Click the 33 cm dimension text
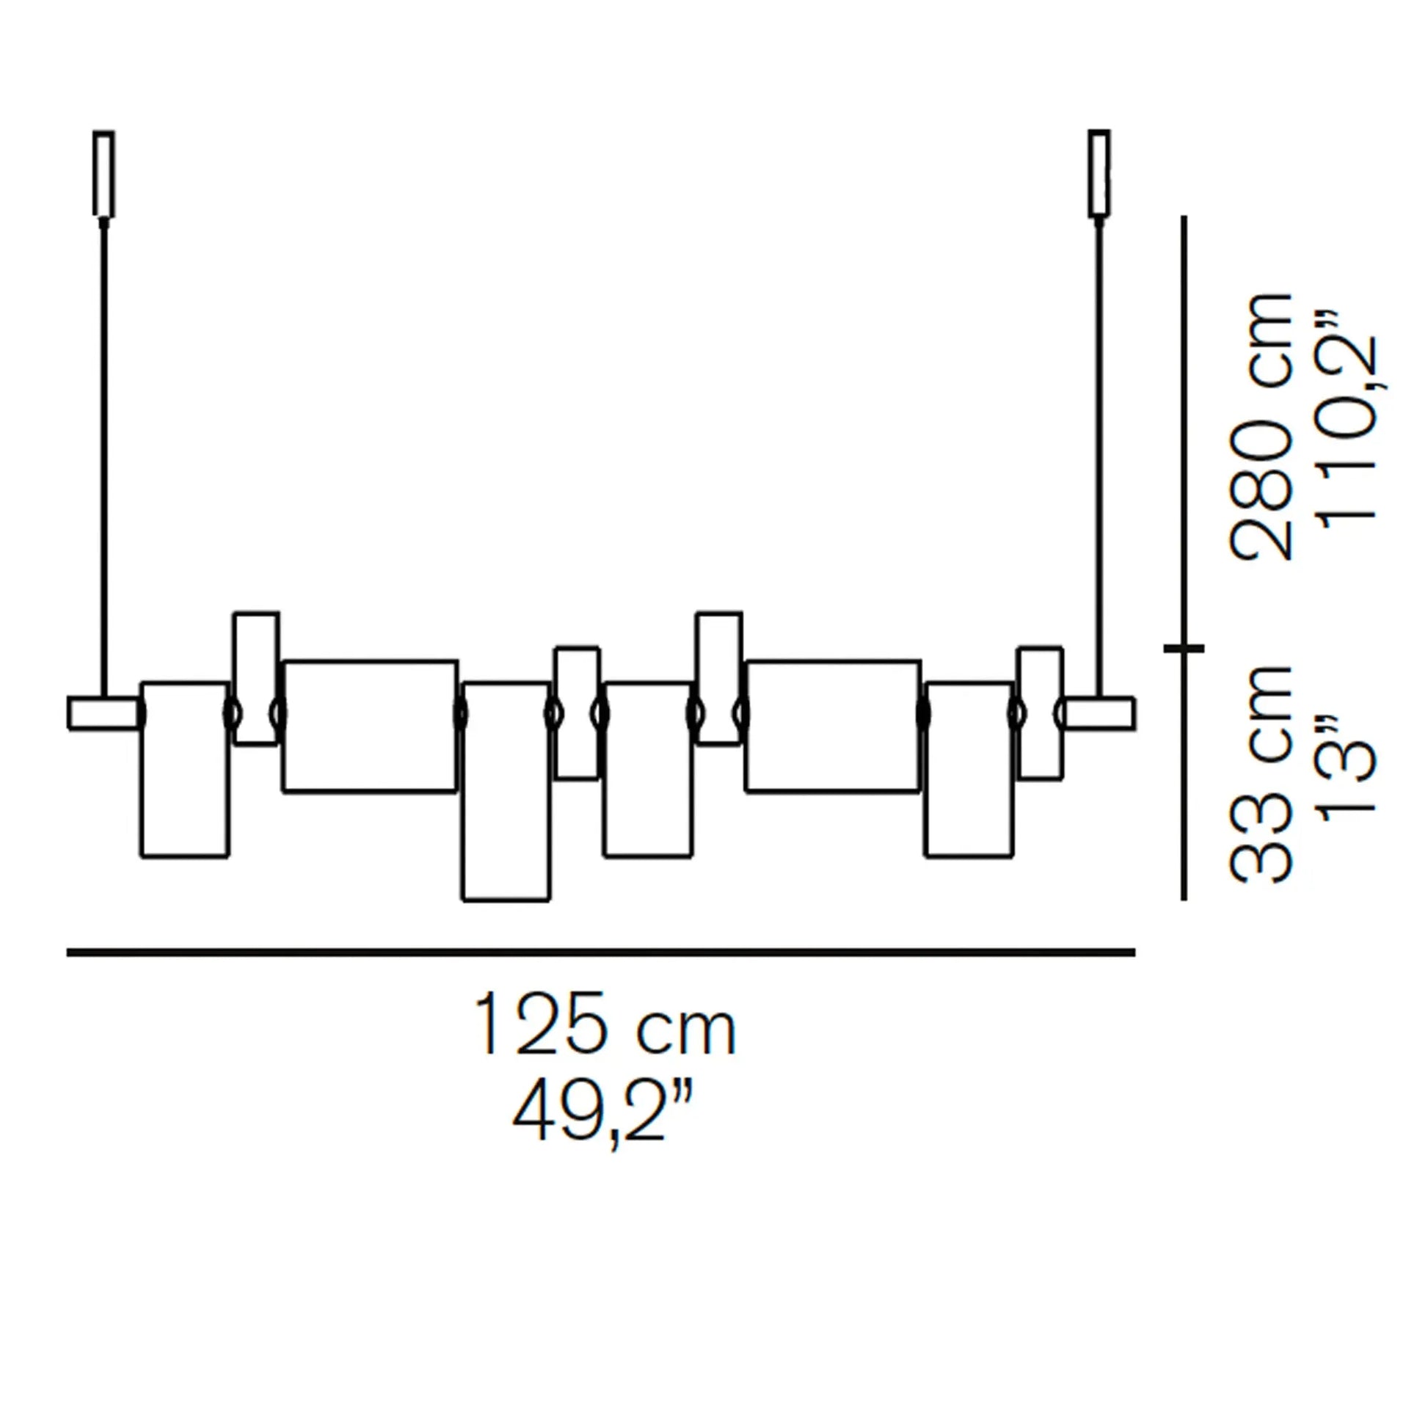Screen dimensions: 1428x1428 [1261, 777]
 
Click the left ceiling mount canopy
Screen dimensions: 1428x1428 [103, 175]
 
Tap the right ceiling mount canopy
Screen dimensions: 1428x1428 [1099, 175]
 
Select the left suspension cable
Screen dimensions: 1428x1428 [103, 457]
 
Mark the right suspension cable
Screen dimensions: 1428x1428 [1099, 457]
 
